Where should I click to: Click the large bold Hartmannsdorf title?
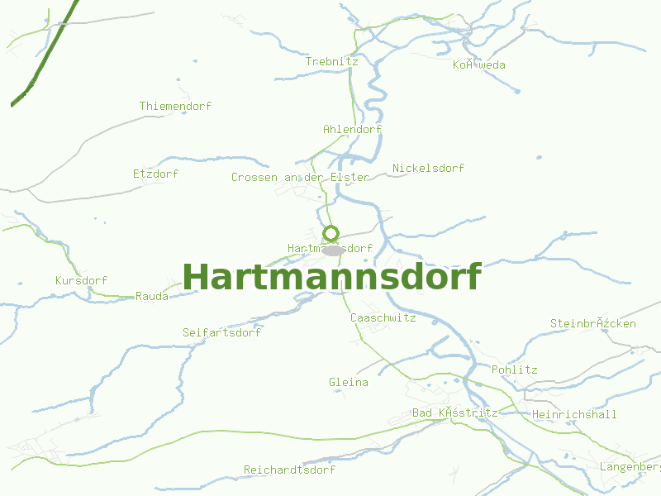(331, 277)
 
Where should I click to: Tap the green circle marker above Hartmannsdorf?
(331, 233)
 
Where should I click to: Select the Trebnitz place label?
(331, 61)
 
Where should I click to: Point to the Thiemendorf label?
(175, 106)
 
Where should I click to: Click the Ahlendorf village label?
(352, 129)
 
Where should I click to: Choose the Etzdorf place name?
(155, 174)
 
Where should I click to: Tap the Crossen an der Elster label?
(300, 177)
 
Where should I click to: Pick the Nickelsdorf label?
(428, 168)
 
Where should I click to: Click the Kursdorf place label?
(81, 280)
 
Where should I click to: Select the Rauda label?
(152, 296)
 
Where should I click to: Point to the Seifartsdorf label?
(221, 332)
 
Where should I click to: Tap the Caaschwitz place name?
(383, 317)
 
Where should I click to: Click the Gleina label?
(349, 382)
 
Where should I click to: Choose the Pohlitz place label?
(514, 370)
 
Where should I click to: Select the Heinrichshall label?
(574, 414)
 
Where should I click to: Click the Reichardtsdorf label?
(289, 470)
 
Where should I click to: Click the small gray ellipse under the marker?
(333, 250)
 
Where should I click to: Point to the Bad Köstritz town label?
(454, 413)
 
